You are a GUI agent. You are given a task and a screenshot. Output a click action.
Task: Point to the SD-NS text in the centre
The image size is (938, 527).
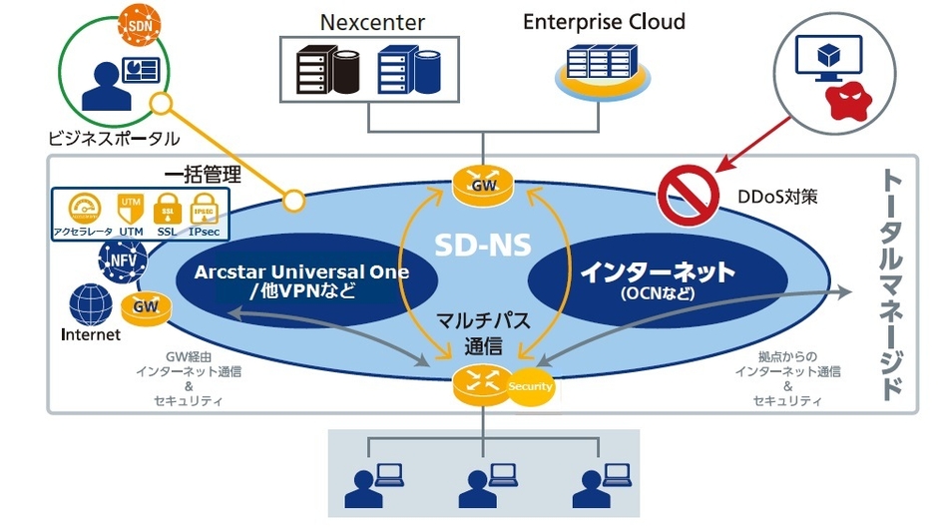pyautogui.click(x=482, y=243)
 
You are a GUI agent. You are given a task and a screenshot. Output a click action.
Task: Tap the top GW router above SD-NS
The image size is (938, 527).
pyautogui.click(x=483, y=185)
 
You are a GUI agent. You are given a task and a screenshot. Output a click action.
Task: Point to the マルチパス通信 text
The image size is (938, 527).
pyautogui.click(x=482, y=334)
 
